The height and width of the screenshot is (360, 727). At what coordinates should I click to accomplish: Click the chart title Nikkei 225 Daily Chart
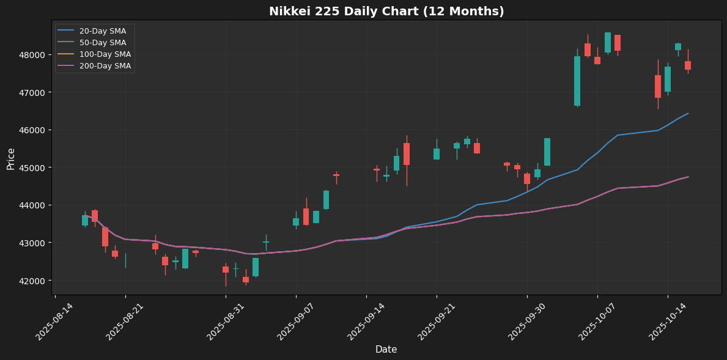pyautogui.click(x=386, y=11)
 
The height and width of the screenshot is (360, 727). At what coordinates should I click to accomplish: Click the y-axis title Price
pyautogui.click(x=11, y=158)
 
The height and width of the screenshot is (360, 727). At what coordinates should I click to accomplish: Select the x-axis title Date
pyautogui.click(x=386, y=350)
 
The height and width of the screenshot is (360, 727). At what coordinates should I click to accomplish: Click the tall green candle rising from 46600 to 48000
pyautogui.click(x=577, y=81)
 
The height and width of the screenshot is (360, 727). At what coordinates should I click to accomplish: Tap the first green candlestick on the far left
pyautogui.click(x=85, y=220)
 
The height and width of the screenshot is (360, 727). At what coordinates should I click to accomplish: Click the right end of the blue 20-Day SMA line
pyautogui.click(x=688, y=113)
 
